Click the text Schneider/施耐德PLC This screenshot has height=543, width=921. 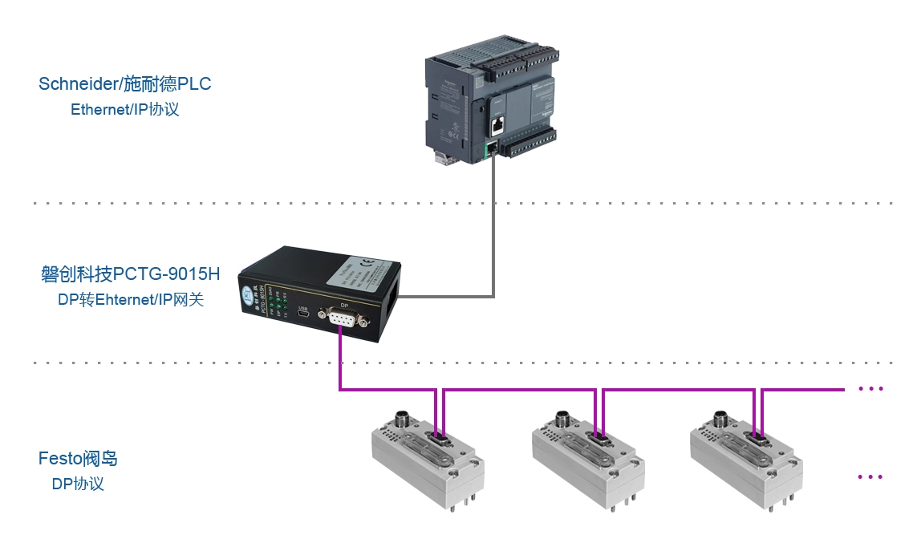click(x=124, y=83)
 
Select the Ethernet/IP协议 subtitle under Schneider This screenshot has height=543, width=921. click(x=124, y=110)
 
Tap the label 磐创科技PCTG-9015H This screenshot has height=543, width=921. click(x=129, y=274)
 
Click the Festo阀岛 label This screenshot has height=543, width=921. click(x=78, y=459)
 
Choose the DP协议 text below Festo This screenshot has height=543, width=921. click(x=77, y=484)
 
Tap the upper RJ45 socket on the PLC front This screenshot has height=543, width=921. click(x=497, y=124)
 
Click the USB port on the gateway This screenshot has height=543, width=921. click(x=304, y=318)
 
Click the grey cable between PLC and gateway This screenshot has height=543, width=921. click(x=493, y=241)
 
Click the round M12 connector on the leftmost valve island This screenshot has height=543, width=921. click(x=404, y=419)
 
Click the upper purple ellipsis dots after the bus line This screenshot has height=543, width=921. click(x=870, y=389)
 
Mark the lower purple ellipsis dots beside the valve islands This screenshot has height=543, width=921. click(x=870, y=476)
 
